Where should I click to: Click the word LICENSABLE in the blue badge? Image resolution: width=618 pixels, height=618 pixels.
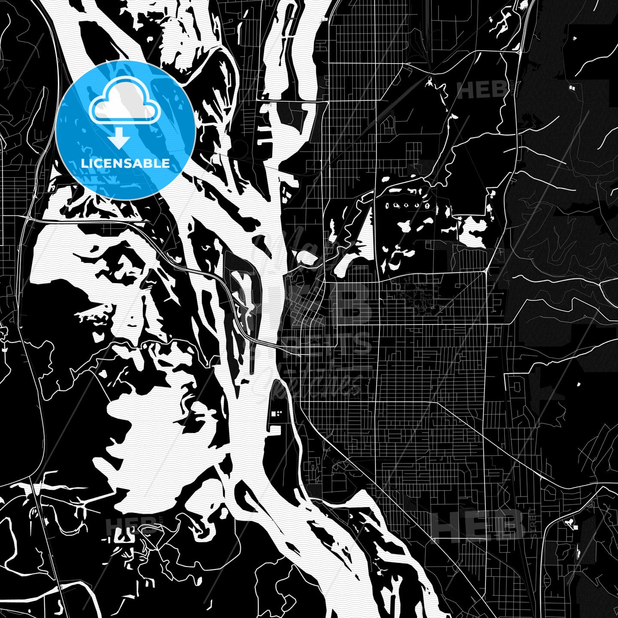(125, 164)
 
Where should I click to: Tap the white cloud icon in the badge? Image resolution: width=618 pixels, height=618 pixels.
(124, 103)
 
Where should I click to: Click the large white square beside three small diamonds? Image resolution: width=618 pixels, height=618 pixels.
(273, 414)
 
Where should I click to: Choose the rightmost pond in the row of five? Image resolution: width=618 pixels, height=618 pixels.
(427, 206)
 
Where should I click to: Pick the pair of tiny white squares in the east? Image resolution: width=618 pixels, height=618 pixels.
(572, 87)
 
